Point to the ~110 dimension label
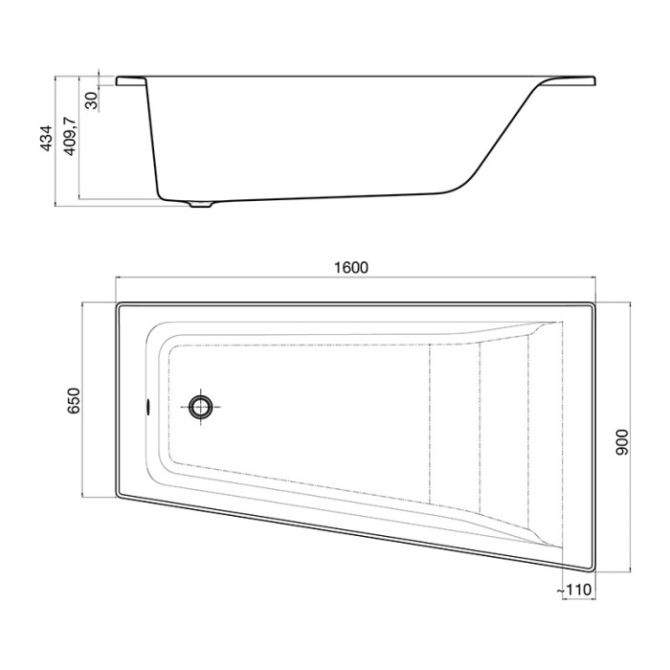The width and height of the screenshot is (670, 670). (576, 592)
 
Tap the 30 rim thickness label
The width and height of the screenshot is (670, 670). (91, 100)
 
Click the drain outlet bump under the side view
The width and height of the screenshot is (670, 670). (201, 204)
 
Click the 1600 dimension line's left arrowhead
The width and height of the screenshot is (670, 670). (120, 279)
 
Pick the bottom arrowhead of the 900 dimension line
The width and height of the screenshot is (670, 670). (632, 569)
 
